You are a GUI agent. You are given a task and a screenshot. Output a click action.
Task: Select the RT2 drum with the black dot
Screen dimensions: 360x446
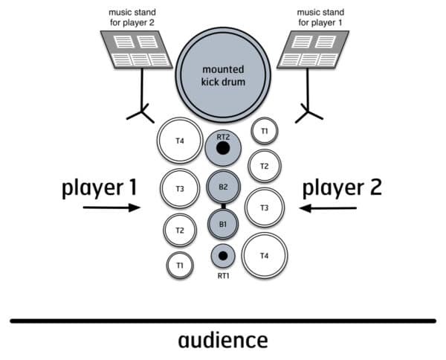coord(222,150)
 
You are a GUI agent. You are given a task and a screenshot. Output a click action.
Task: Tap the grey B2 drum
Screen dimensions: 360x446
coord(222,187)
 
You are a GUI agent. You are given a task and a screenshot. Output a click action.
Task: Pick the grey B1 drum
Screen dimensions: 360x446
coord(222,222)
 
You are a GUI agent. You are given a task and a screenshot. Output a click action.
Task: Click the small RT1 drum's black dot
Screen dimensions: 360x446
coord(222,256)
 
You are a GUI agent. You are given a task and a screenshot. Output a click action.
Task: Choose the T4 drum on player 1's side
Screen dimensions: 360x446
coord(179,141)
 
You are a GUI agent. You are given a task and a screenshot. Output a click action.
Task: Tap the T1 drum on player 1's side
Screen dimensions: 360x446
coord(179,263)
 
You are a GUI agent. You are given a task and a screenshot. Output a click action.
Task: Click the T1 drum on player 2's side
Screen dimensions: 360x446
coord(264,132)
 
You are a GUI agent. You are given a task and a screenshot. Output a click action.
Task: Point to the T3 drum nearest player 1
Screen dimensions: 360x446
coord(180,189)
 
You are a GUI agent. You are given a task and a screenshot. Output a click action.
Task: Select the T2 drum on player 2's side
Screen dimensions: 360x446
coord(264,167)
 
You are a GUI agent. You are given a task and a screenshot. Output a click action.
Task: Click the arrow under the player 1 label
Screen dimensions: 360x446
coord(111,208)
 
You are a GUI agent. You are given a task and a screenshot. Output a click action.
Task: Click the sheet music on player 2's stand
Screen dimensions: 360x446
coord(137,51)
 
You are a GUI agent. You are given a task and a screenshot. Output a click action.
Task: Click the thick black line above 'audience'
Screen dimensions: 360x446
coord(222,321)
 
